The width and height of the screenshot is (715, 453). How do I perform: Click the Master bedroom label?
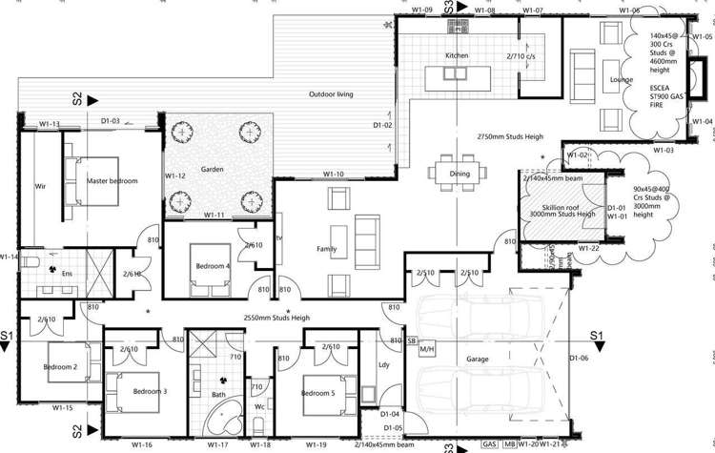112,181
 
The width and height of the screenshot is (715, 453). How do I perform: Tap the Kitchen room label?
457,56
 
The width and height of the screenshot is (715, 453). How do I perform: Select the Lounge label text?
623,80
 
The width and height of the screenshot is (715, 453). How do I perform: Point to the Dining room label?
460,174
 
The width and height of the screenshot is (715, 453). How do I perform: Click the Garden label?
212,169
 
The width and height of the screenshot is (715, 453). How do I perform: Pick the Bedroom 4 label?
213,266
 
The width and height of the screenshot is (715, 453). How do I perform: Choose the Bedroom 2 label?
59,366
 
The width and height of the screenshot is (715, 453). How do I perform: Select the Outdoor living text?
331,95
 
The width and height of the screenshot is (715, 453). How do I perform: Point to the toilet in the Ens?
31,260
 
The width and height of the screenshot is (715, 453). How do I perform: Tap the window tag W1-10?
333,175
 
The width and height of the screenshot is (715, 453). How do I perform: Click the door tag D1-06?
578,359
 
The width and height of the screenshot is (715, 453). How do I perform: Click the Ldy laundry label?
383,364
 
